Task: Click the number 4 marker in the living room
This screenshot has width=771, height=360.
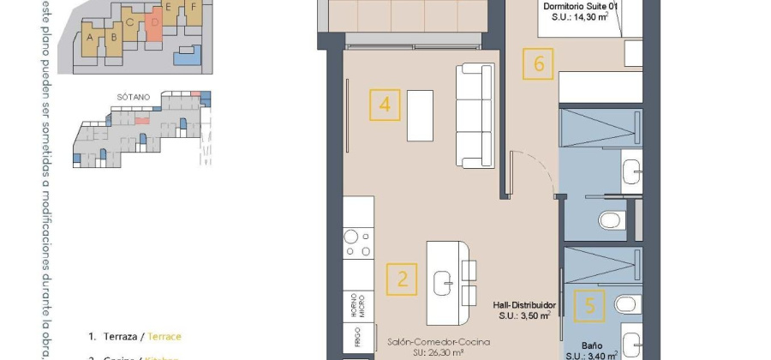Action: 385,105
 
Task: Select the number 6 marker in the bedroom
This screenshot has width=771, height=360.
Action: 538,63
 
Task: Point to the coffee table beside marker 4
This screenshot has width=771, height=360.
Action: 420,115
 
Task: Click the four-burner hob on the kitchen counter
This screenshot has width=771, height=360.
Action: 358,242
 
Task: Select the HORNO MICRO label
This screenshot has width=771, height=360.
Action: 358,302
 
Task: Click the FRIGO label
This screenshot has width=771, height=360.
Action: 358,334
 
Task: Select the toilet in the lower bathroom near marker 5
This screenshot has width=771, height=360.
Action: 626,303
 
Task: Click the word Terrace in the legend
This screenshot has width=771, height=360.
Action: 164,337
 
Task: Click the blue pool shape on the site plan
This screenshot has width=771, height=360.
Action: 186,57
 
